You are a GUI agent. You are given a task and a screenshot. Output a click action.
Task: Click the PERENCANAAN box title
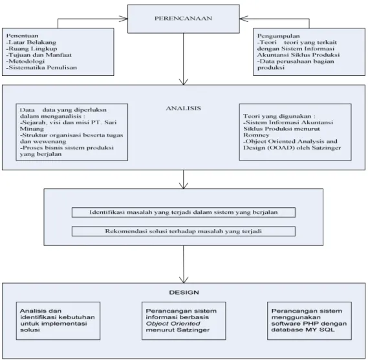click(x=183, y=18)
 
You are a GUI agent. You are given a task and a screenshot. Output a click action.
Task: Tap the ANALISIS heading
click(x=184, y=108)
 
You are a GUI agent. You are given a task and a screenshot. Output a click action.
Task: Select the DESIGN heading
click(x=184, y=292)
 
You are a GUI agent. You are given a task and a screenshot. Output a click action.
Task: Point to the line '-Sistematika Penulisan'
click(x=41, y=67)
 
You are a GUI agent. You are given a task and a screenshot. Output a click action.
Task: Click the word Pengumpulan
click(x=278, y=36)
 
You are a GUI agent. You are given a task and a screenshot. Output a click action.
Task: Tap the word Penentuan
click(x=22, y=36)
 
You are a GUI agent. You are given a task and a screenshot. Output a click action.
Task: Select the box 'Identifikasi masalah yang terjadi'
click(x=184, y=212)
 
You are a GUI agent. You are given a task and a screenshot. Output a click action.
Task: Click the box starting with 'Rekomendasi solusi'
click(x=184, y=231)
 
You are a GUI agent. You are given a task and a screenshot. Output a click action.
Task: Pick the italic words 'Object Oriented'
click(x=173, y=324)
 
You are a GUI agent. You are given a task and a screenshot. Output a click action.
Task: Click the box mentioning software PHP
click(x=309, y=321)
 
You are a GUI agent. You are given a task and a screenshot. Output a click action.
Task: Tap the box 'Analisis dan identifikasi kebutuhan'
click(x=58, y=321)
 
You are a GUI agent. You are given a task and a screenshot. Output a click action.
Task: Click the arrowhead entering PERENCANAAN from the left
click(x=124, y=19)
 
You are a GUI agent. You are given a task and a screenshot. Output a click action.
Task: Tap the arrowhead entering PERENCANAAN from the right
click(x=244, y=19)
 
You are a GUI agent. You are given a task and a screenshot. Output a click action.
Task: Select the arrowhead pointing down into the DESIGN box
click(x=184, y=280)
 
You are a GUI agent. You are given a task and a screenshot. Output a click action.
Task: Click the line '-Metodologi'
click(x=25, y=62)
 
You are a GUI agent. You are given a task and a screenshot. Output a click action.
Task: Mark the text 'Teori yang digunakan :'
click(x=279, y=116)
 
